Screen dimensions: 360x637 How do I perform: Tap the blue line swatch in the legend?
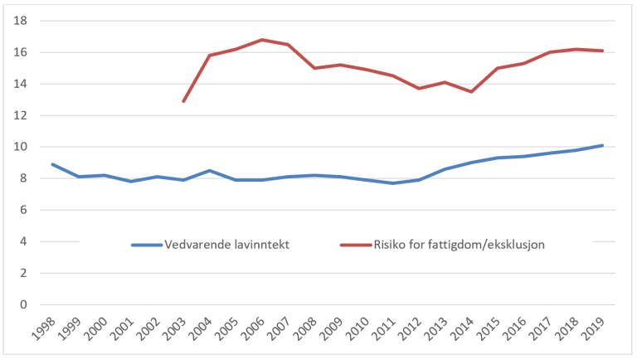pos(147,245)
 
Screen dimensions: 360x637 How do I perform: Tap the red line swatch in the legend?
pos(356,245)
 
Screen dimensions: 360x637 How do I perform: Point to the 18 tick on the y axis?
pos(22,21)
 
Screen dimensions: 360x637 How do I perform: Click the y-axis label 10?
pos(22,147)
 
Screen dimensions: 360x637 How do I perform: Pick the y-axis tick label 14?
pos(22,84)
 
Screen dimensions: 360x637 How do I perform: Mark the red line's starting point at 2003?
pos(183,101)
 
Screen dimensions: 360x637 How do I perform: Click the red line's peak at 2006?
pos(262,40)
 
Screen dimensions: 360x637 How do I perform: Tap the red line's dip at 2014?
pos(471,91)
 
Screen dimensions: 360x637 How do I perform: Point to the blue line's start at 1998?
pos(52,164)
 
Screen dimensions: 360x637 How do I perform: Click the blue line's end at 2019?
pos(602,145)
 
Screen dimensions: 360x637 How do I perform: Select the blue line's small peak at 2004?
pos(210,171)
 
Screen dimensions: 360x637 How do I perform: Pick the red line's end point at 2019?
pos(602,51)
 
